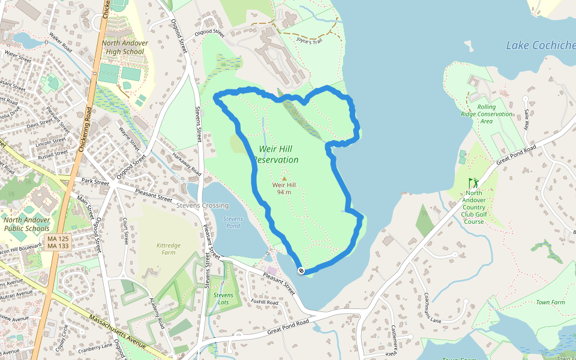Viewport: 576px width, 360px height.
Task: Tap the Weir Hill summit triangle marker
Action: coord(284,178)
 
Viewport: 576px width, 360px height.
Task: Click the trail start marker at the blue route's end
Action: coord(301,271)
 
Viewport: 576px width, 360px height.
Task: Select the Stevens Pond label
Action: coord(232,223)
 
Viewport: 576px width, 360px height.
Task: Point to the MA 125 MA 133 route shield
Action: coord(58,242)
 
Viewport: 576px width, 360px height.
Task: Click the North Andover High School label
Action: coord(124,47)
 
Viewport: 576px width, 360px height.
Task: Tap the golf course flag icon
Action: coord(474,183)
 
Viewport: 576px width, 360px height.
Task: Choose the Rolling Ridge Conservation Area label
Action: coord(487,114)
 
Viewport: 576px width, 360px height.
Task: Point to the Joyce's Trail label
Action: coord(309,40)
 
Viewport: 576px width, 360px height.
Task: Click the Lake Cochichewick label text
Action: coord(540,46)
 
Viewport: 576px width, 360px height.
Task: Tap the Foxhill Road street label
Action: coord(265,302)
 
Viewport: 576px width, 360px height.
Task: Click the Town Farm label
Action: coord(550,302)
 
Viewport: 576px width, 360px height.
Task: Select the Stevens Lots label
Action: coord(223,299)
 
